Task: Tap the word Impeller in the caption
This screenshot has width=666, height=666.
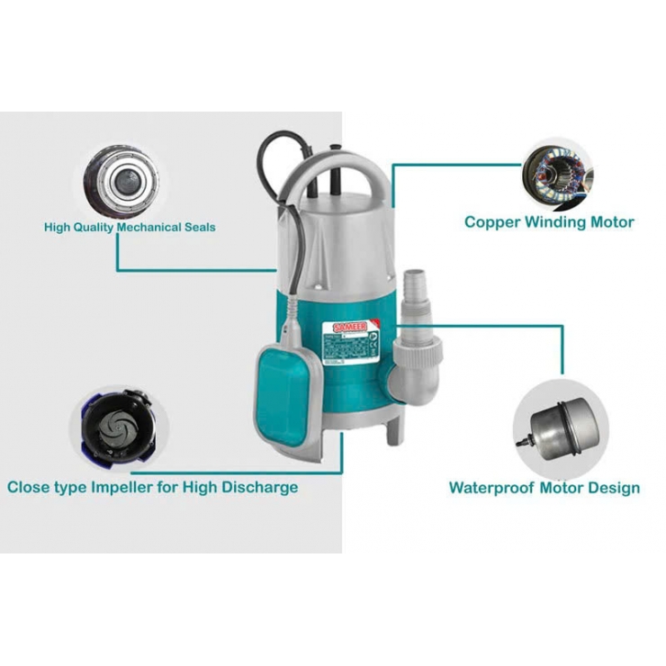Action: click(x=140, y=488)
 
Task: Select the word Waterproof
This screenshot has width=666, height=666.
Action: click(x=491, y=489)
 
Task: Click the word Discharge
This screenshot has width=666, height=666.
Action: click(x=261, y=488)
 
